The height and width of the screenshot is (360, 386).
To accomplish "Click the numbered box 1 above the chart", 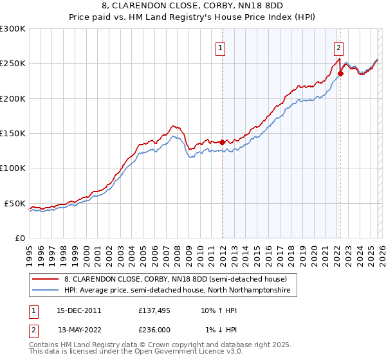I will pos(221,47).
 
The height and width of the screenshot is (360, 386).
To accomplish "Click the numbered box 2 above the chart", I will pos(338,47).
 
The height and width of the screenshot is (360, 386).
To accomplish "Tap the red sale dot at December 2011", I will pos(222,142).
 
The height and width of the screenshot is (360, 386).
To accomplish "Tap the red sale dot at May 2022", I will pos(340,73).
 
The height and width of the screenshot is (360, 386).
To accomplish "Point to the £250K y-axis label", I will pos(13,64).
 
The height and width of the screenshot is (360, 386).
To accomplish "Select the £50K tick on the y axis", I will pos(15,203).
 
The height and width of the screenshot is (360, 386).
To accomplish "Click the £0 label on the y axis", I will pos(21,238).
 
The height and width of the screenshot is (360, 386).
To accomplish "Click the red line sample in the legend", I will pos(46,280).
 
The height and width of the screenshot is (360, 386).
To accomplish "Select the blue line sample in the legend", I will pos(46,291).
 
